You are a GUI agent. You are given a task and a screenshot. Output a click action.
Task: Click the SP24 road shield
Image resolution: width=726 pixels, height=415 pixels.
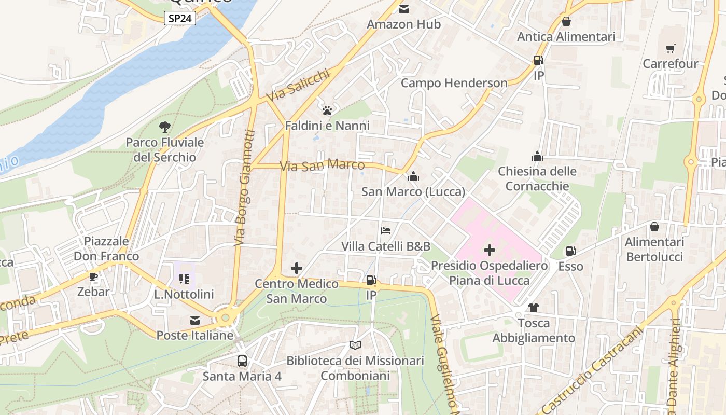tap(180, 19)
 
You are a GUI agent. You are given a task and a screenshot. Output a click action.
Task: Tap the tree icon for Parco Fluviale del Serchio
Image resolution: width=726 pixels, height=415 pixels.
tap(165, 127)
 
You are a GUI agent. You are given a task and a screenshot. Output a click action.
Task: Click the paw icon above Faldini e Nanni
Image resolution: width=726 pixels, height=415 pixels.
tap(327, 110)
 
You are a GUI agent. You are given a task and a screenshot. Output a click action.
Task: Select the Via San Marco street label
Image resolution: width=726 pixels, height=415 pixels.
tap(322, 166)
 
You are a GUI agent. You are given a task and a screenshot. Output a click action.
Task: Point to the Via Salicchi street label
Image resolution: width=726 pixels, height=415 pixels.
tap(298, 86)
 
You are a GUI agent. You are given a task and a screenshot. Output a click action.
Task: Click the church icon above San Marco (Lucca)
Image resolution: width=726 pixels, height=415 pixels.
tap(413, 176)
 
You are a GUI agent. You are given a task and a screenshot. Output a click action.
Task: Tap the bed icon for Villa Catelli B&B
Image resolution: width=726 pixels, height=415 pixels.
tap(386, 231)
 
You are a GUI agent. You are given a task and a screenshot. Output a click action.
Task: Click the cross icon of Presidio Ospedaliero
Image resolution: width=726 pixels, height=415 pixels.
tap(489, 251)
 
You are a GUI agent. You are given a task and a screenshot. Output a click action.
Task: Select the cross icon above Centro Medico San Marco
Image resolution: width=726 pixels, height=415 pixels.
tap(297, 268)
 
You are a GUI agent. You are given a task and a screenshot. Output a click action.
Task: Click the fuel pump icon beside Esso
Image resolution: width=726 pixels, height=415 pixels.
tap(570, 251)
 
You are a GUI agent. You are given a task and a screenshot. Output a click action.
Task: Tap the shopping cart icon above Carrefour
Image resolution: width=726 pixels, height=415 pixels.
tap(670, 48)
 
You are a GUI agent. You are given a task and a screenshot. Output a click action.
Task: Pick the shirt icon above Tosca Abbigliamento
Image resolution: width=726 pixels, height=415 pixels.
tap(534, 308)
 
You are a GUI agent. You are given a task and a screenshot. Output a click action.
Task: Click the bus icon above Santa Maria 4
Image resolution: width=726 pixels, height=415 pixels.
tap(242, 361)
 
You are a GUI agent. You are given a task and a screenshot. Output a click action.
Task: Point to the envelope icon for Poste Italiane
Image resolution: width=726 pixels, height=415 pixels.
tap(195, 321)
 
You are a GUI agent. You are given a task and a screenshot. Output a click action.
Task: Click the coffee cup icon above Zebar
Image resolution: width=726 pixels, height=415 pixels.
tap(93, 276)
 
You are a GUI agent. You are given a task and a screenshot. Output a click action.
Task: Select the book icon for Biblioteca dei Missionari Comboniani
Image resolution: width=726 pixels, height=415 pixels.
tap(355, 345)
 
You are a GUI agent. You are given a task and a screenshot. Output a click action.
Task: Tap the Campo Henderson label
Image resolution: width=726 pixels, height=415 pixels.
tap(454, 83)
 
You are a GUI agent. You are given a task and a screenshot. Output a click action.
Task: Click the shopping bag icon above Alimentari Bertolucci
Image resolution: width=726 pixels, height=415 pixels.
tap(654, 227)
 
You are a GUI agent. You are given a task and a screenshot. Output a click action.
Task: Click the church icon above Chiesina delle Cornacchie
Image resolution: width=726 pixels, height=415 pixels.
tap(537, 156)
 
